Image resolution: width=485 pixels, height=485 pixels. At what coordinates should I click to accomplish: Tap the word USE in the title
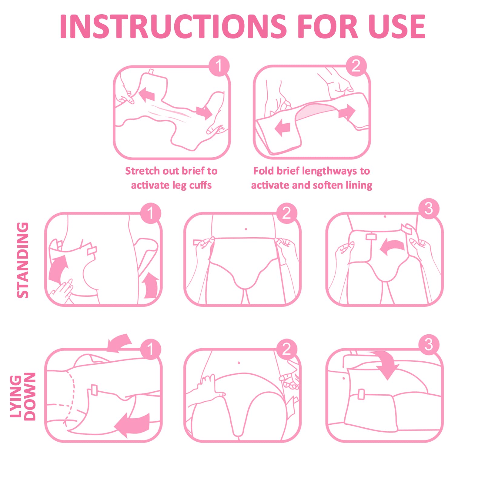coord(397,27)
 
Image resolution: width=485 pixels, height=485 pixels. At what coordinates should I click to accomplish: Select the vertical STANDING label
coord(23,260)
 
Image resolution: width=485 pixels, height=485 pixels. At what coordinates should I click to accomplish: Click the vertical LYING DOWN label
coord(23,396)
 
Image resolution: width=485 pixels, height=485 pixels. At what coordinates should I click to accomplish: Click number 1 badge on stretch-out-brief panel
coord(219,66)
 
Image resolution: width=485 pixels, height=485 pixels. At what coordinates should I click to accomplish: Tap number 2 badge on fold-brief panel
coord(356,66)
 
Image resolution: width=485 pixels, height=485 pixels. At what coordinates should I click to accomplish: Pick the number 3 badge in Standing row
coord(429,209)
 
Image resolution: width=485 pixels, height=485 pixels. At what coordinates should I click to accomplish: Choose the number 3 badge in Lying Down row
coord(429,345)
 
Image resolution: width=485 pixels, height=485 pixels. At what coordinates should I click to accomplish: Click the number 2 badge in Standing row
coord(286,213)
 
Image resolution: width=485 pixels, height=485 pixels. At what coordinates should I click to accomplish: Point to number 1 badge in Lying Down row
coord(150,349)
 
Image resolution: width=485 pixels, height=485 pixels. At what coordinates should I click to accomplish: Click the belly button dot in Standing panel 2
coord(246,229)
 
